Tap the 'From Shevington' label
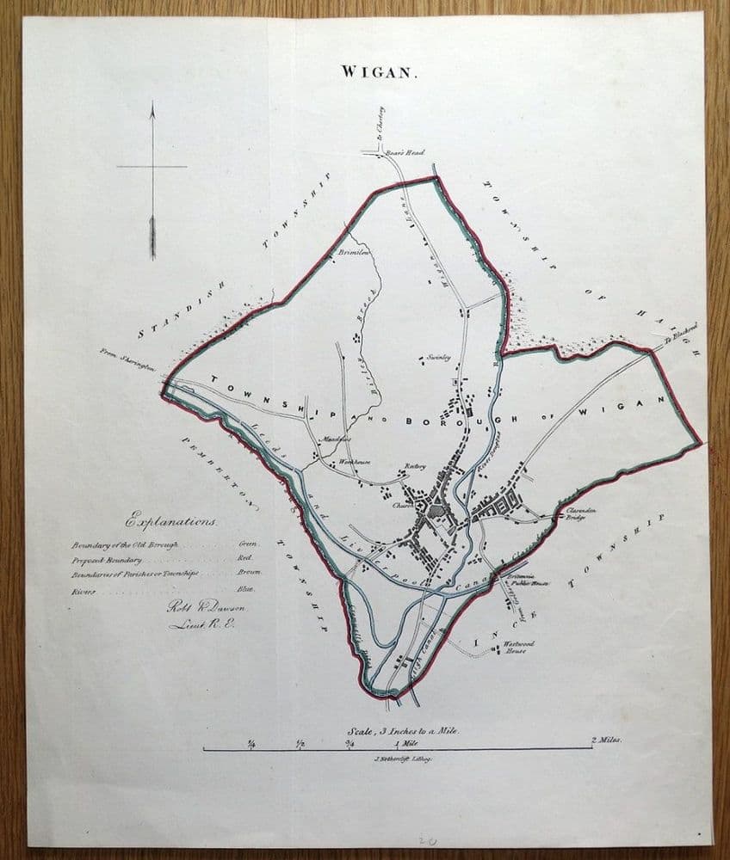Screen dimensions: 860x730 click(127, 359)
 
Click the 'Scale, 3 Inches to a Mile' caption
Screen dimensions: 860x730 click(398, 729)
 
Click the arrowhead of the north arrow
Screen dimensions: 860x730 click(152, 109)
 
